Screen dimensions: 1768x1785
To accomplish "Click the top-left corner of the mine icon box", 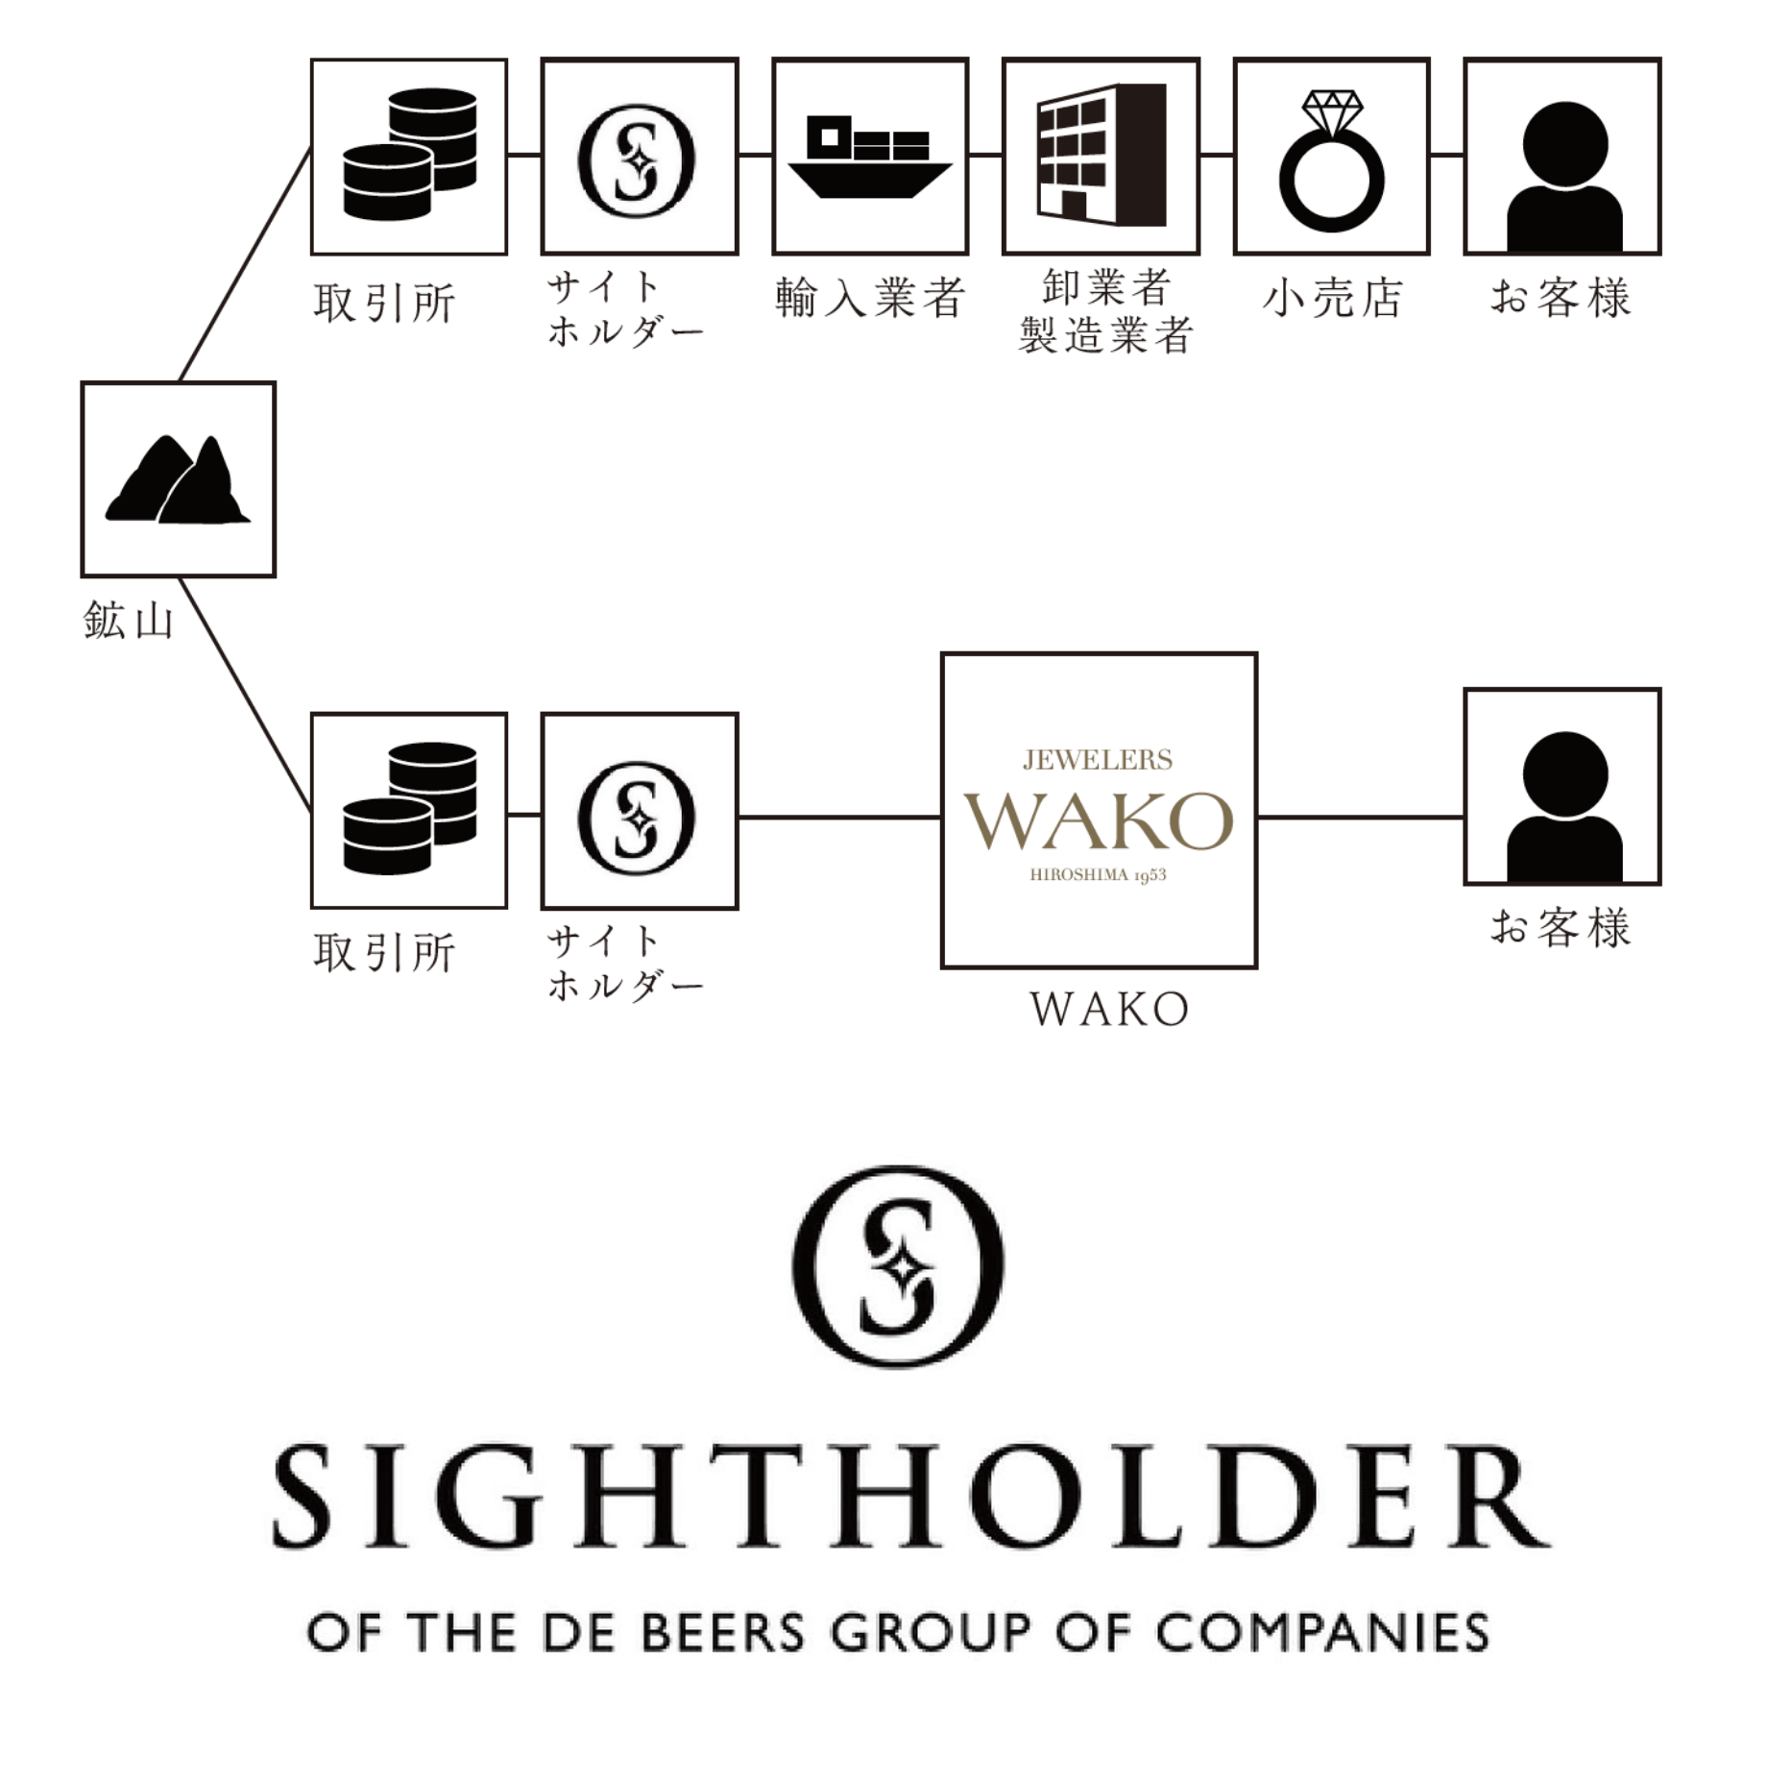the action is pos(83,383).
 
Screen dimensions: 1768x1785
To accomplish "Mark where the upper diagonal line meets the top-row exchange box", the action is pos(311,148).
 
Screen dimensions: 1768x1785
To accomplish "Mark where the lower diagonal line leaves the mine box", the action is pos(181,577).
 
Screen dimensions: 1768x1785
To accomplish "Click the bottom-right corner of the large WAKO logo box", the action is pos(1256,966).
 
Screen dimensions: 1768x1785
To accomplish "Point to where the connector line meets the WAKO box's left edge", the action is pos(942,818).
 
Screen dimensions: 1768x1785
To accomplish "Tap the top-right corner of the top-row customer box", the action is pos(1659,60).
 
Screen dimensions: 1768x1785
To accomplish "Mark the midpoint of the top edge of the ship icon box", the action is pos(870,60).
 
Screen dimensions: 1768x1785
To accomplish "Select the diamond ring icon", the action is pos(1332,161).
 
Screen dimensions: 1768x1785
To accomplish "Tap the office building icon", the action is pos(1102,154).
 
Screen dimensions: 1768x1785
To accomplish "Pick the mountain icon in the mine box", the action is pos(178,479).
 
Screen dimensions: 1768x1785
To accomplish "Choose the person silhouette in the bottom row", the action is pos(1564,805).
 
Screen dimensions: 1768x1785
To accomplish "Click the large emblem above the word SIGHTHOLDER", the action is pos(898,1267).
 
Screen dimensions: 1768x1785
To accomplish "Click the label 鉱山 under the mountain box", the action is pos(129,621).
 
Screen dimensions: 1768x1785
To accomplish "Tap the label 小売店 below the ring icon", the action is pos(1333,298).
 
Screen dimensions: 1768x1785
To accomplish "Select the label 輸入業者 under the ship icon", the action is pos(870,298).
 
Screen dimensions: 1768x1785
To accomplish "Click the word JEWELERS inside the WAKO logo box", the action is pos(1098,760).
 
